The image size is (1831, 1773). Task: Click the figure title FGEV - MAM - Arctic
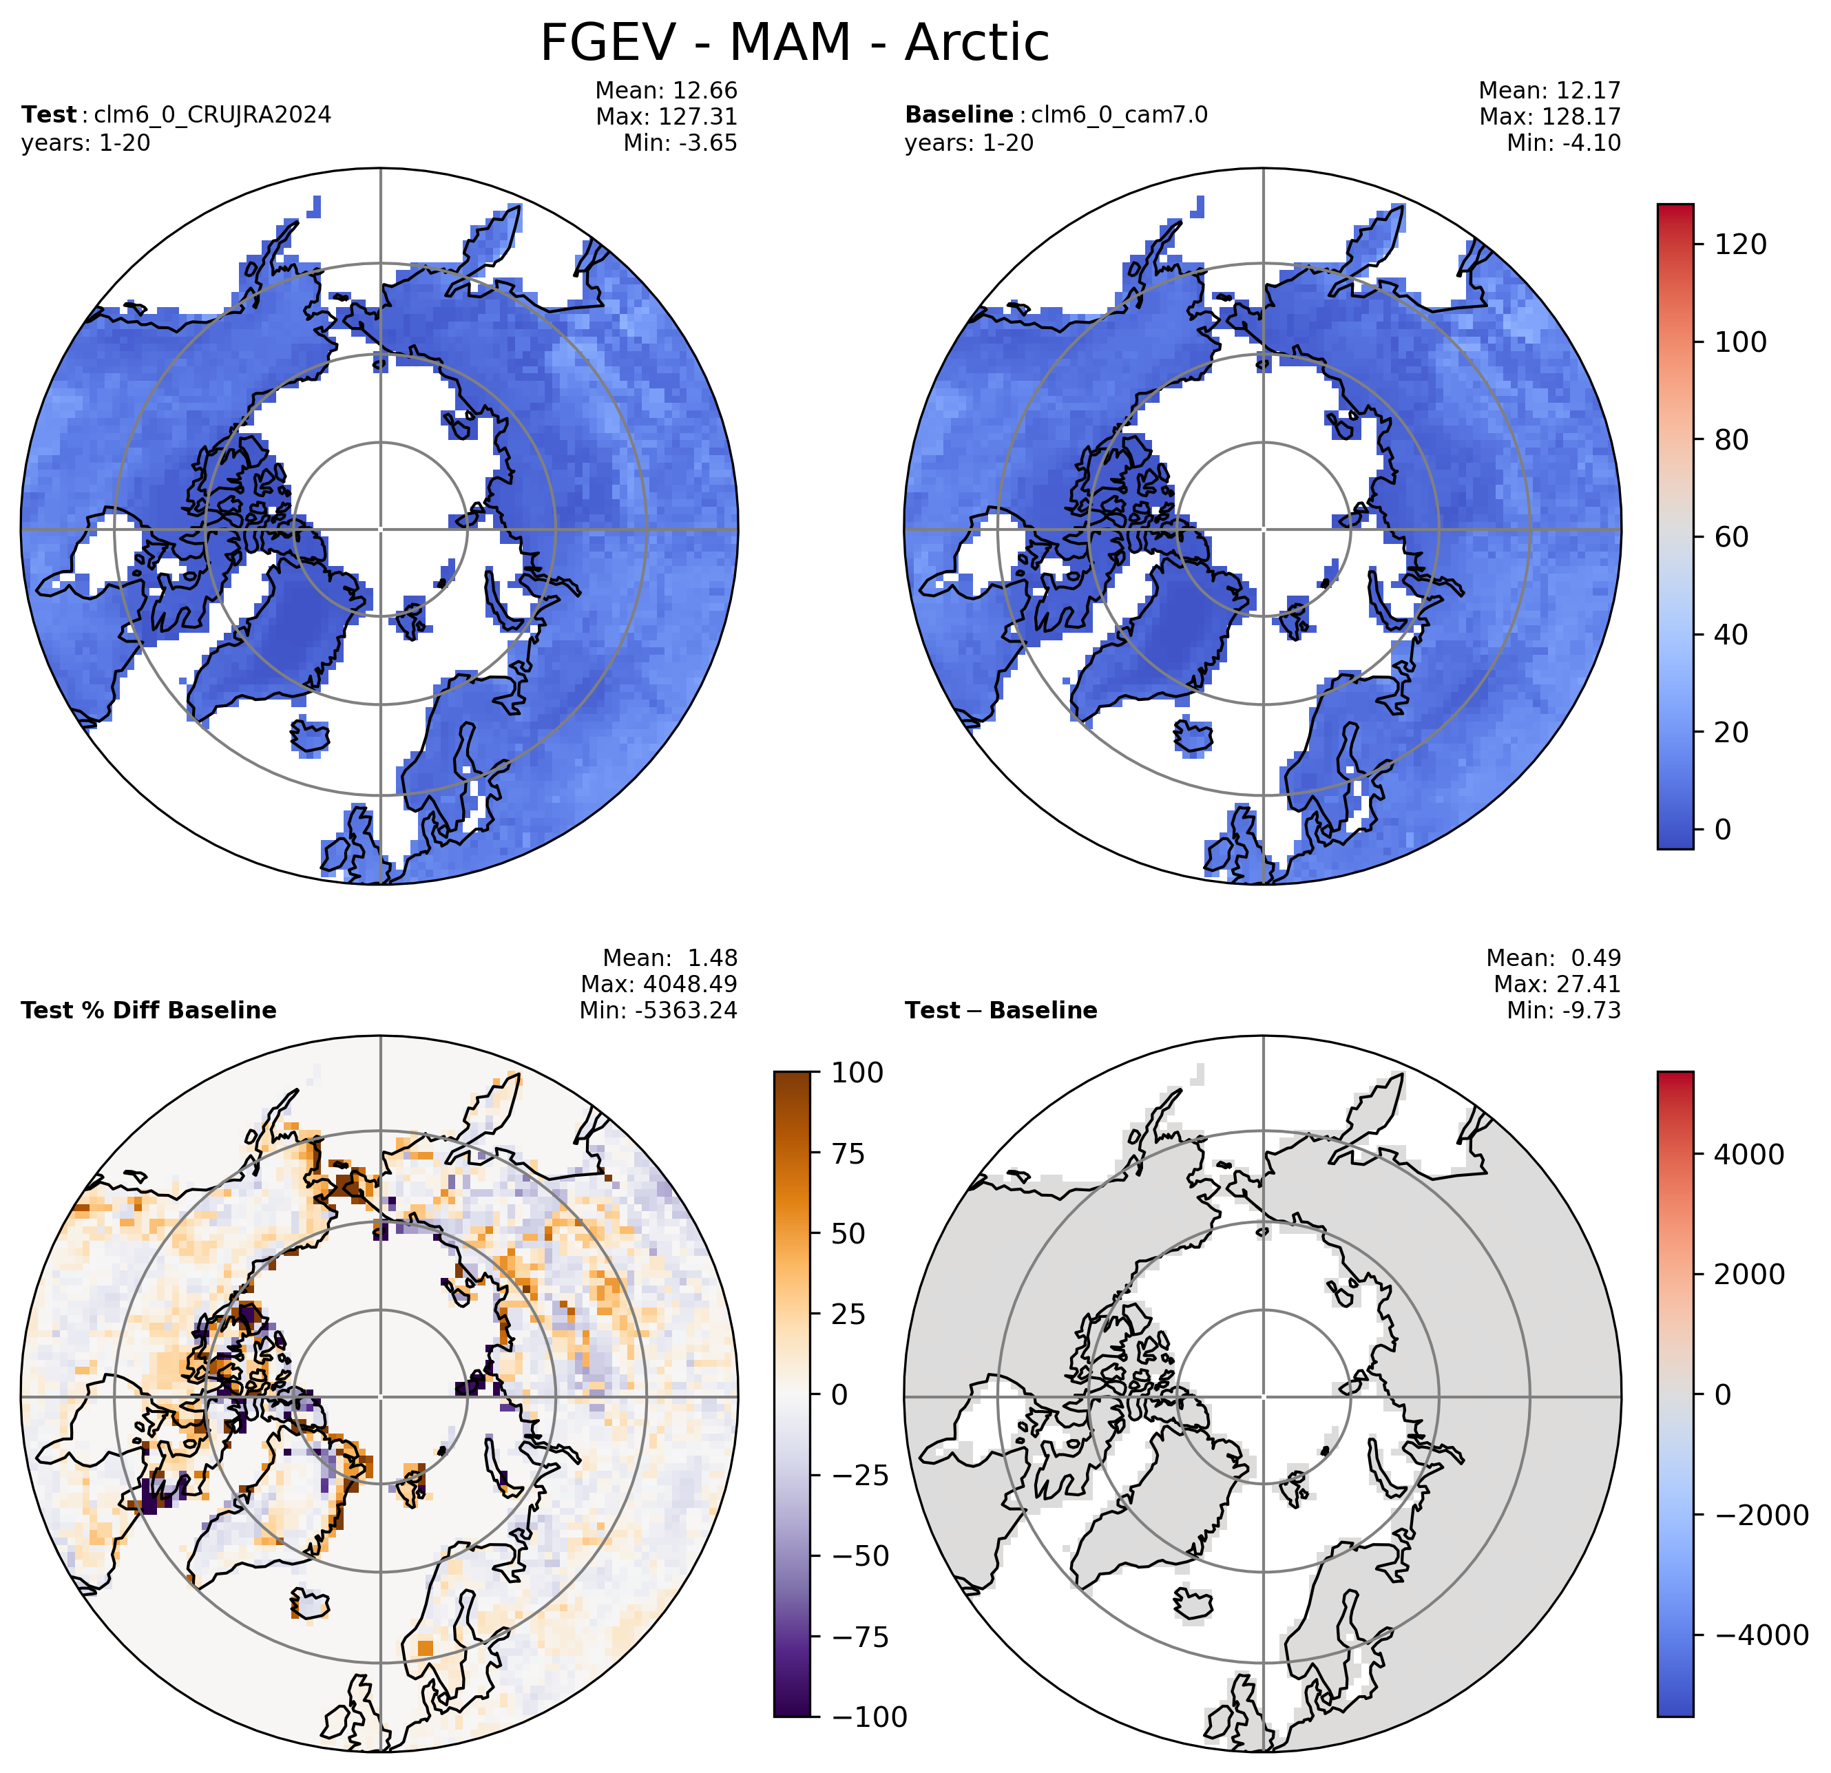tap(795, 43)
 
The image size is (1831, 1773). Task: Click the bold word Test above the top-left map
tap(49, 115)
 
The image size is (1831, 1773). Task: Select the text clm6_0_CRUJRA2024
tap(212, 115)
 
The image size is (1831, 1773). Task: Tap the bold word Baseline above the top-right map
tap(959, 115)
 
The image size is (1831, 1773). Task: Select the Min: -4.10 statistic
tap(1564, 143)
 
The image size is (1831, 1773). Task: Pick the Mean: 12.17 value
tap(1550, 91)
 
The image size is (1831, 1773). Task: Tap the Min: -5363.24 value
tap(658, 1010)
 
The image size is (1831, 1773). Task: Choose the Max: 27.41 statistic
tap(1558, 984)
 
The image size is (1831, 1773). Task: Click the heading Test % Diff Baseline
tap(149, 1011)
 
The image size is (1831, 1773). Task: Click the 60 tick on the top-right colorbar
tap(1732, 537)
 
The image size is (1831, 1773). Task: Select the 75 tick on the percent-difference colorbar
tap(849, 1154)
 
